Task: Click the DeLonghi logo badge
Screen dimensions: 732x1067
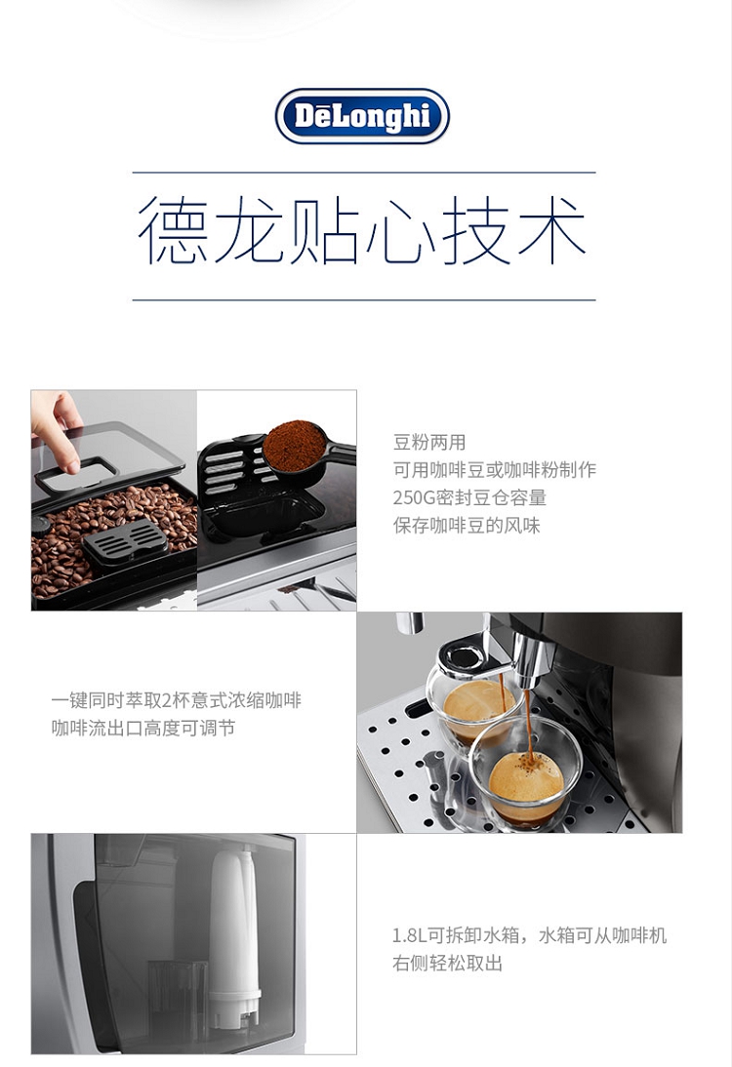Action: pyautogui.click(x=362, y=116)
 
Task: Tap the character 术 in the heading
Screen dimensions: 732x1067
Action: pyautogui.click(x=550, y=230)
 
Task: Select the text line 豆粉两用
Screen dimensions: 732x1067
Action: pyautogui.click(x=429, y=443)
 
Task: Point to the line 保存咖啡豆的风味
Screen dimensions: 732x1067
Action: pyautogui.click(x=467, y=526)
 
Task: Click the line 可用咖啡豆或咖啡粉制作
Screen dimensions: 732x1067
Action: pyautogui.click(x=495, y=470)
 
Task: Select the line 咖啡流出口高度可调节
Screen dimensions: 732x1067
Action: pyautogui.click(x=143, y=729)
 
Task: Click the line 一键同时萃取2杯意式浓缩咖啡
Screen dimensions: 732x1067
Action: pyautogui.click(x=177, y=700)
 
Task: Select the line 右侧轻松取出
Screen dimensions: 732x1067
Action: pyautogui.click(x=447, y=964)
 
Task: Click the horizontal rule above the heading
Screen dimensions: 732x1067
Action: pyautogui.click(x=364, y=173)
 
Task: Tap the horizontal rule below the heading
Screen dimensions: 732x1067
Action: pyautogui.click(x=364, y=299)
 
